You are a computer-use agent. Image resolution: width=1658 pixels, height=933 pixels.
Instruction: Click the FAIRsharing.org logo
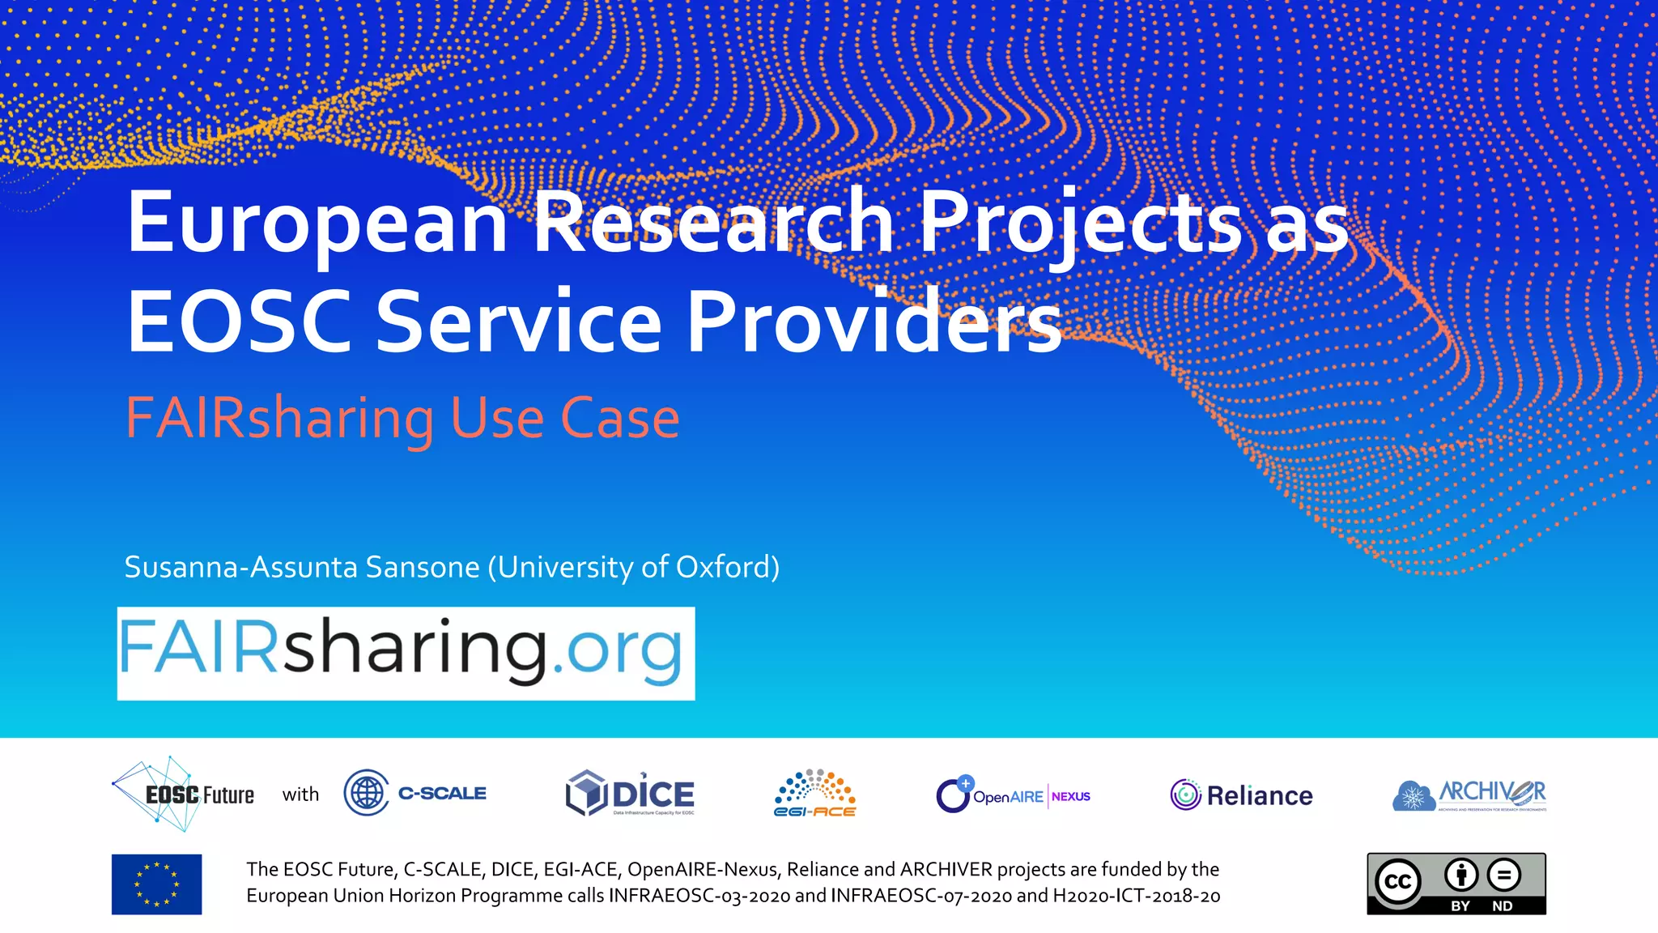(x=406, y=653)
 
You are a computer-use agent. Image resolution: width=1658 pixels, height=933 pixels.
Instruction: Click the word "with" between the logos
(x=300, y=795)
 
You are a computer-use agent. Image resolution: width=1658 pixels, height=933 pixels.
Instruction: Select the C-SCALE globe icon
(x=366, y=793)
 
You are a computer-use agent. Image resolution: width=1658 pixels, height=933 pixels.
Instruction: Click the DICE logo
(x=630, y=794)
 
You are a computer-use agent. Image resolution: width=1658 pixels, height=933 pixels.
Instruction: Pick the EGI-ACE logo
(x=814, y=794)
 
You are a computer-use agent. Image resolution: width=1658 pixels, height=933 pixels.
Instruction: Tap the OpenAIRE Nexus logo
(x=1013, y=795)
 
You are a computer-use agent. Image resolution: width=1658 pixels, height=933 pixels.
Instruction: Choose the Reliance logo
(x=1241, y=795)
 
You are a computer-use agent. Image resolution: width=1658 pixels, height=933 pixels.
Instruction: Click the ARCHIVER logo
(x=1469, y=795)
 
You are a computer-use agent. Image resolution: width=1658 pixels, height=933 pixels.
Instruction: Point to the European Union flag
(x=156, y=884)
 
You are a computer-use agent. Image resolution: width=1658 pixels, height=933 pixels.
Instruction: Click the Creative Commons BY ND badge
(x=1456, y=884)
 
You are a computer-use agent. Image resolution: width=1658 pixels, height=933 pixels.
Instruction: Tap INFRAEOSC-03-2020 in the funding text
(x=699, y=896)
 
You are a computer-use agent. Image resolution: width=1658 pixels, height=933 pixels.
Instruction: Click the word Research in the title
(x=713, y=223)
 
